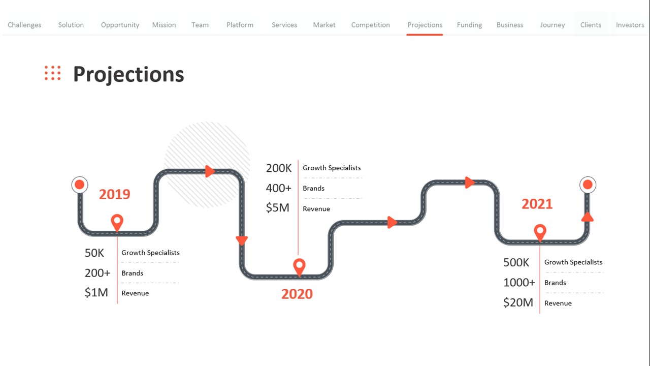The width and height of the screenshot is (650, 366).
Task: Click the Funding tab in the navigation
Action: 469,25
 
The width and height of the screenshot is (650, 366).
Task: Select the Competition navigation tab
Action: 371,25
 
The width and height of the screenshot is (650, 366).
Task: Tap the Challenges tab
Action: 24,25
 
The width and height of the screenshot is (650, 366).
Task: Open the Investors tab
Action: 630,25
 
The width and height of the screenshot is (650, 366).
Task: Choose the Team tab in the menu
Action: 200,25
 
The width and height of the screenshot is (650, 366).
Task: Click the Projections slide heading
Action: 128,74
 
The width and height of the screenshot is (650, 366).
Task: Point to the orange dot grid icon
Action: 52,73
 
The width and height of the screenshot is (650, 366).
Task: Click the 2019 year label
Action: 115,194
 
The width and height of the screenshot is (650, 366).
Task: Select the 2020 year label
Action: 297,294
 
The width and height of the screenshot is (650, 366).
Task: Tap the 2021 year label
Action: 537,204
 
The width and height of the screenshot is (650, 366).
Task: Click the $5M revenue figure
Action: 277,208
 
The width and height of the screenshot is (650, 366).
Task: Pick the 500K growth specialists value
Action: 516,263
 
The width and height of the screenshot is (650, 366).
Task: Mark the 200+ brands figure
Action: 97,273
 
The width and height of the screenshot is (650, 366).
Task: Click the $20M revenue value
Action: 518,302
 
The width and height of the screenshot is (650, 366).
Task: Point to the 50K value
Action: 94,253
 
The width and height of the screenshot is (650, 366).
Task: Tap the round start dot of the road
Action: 80,185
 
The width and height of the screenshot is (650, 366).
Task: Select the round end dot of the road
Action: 588,185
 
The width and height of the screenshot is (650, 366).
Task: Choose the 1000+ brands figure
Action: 519,283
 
